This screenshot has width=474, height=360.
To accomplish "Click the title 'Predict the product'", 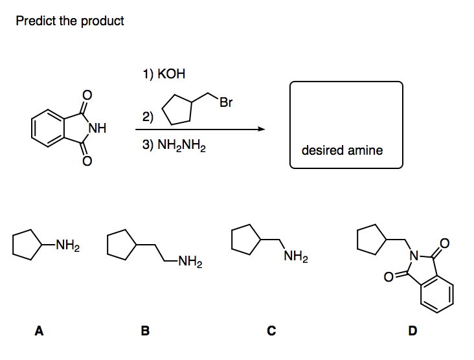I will click(x=70, y=21).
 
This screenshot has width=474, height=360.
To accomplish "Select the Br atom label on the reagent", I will click(x=226, y=102).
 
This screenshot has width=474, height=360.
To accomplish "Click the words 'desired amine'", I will click(x=342, y=150).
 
